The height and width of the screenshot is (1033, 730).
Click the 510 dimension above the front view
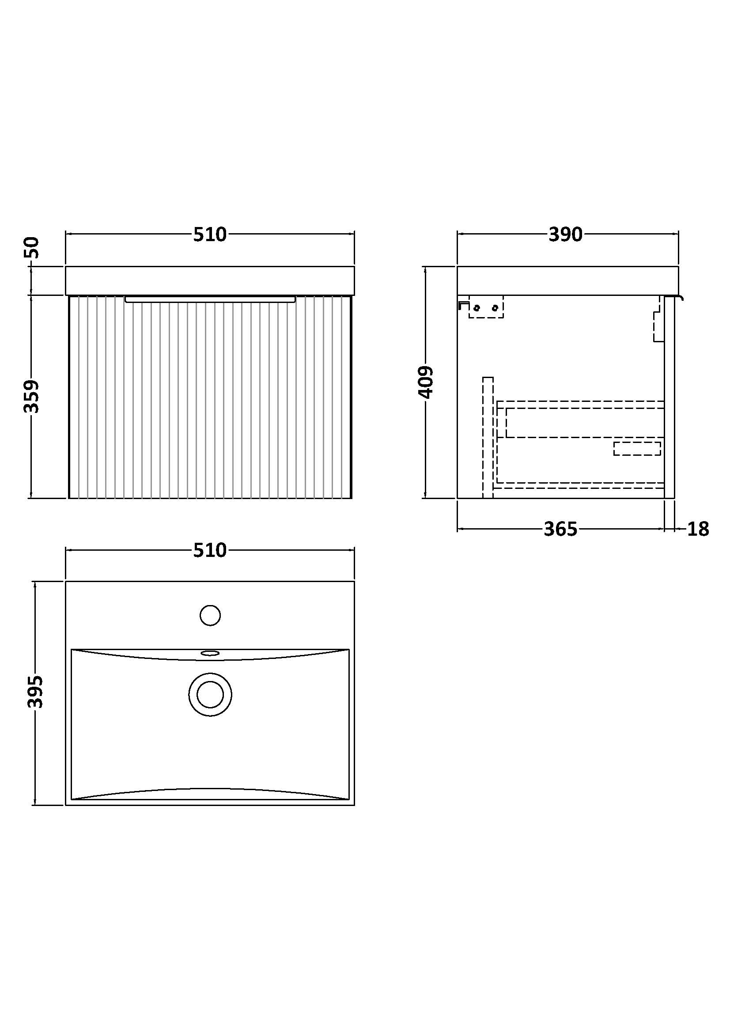210,235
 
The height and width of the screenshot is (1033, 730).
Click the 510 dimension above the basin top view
210,551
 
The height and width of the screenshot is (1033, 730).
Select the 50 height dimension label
32,247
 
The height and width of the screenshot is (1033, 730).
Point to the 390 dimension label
565,235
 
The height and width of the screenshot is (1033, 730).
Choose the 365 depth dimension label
560,530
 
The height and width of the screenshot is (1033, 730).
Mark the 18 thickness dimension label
698,530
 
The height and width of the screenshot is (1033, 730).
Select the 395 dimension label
35,692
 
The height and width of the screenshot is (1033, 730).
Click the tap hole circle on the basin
210,616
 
